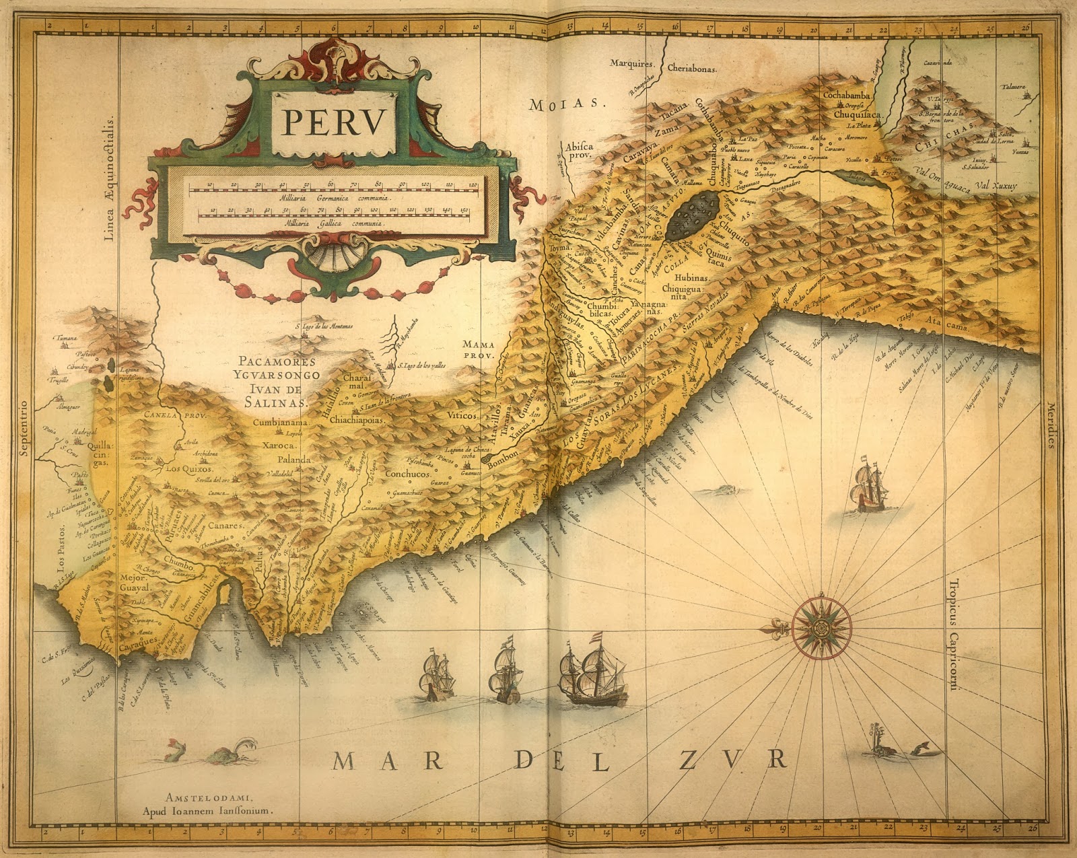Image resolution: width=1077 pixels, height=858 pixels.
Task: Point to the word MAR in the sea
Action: click(x=387, y=760)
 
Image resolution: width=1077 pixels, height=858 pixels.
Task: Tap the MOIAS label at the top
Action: click(x=563, y=104)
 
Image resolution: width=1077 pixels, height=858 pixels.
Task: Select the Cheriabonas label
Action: click(x=693, y=69)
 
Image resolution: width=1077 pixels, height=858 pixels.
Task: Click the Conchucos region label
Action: click(x=407, y=474)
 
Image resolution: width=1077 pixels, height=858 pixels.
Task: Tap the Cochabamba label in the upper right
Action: click(x=847, y=96)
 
